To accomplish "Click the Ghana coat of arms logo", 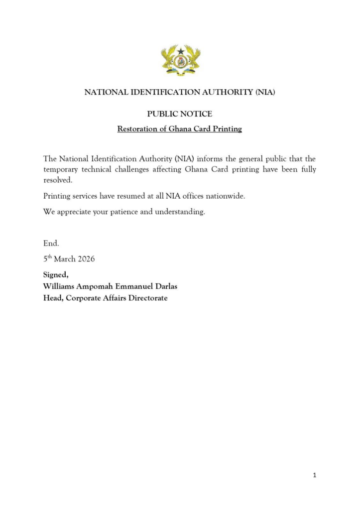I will pyautogui.click(x=180, y=60).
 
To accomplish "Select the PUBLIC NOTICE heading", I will pyautogui.click(x=179, y=114).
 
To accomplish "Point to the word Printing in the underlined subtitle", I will pyautogui.click(x=225, y=129).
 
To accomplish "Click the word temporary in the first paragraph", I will pyautogui.click(x=61, y=169).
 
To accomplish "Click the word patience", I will pyautogui.click(x=120, y=212).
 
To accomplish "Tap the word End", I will pyautogui.click(x=51, y=244).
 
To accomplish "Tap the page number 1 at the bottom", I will pyautogui.click(x=314, y=475).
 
